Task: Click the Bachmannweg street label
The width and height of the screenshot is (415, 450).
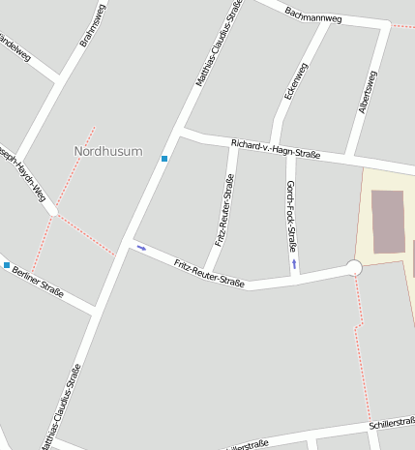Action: (313, 14)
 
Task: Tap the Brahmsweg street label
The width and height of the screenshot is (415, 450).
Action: (92, 25)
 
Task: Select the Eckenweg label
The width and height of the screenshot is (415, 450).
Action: (295, 81)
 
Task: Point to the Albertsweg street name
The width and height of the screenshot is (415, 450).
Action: (368, 93)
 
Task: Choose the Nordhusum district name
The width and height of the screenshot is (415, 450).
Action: (107, 152)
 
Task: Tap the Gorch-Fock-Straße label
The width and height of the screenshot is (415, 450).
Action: (291, 216)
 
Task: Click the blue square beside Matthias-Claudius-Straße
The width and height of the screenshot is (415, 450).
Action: (164, 159)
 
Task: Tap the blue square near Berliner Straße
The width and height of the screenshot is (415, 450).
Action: (7, 265)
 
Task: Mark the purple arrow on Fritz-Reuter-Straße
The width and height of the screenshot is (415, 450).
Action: (142, 248)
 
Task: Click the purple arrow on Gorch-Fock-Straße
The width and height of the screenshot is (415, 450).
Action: (294, 262)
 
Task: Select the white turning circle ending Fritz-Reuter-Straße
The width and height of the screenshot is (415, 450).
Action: (354, 267)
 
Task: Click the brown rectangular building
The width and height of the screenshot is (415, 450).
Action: (388, 222)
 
